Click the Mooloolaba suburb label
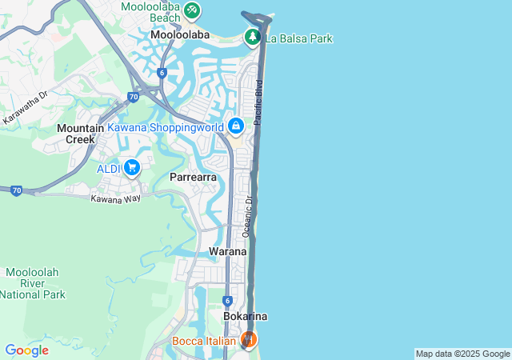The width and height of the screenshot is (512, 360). [180, 35]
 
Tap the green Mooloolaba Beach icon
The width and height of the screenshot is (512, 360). [192, 10]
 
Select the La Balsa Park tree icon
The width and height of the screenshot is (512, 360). [253, 37]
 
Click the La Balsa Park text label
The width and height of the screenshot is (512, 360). [300, 38]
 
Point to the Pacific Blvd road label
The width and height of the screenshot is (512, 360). [258, 102]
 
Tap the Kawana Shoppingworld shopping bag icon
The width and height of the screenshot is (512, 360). [236, 126]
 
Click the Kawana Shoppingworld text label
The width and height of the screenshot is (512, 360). [166, 127]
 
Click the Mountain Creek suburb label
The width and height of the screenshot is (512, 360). [80, 134]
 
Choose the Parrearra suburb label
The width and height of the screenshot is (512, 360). [194, 177]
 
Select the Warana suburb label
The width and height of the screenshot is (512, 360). [227, 251]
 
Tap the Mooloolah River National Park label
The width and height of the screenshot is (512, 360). [32, 283]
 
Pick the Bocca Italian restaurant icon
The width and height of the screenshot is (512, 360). [249, 340]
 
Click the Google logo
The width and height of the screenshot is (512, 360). [26, 350]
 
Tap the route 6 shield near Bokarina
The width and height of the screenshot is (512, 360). [228, 300]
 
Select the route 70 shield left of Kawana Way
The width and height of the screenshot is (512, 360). [15, 190]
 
